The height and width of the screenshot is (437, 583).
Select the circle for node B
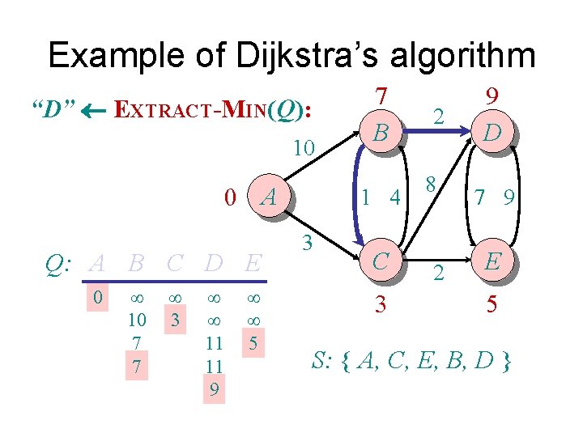[x=380, y=131]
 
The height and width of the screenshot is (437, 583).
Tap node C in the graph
[x=380, y=260]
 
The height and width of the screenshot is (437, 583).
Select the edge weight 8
[x=432, y=184]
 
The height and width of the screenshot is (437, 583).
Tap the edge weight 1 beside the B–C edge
[x=367, y=195]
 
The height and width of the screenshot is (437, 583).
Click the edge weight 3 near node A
[x=307, y=241]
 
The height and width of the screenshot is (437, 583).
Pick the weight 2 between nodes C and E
[x=437, y=273]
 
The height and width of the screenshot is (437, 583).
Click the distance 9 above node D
[x=491, y=96]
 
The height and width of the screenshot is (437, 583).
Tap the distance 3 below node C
[x=380, y=307]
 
